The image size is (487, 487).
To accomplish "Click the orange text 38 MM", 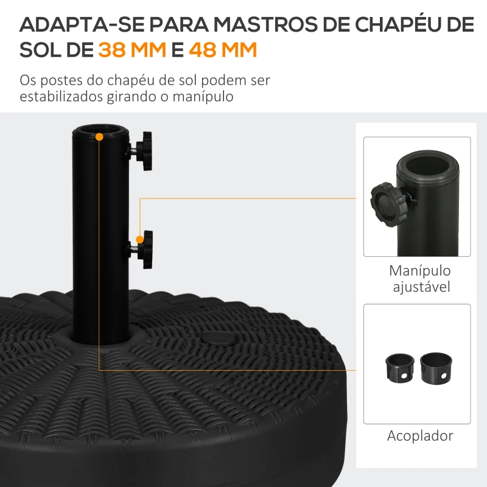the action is point(132,50).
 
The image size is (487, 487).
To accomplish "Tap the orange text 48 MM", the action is point(223,50).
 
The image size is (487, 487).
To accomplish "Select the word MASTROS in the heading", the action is point(266,24).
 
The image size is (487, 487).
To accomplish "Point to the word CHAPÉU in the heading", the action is point(398,24).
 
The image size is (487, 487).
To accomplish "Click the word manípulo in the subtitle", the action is point(203,96).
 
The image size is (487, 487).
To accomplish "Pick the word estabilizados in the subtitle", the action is point(61,96).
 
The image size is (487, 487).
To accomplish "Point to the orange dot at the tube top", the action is point(99,137).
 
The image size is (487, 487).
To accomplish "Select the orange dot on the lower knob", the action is point(140,239).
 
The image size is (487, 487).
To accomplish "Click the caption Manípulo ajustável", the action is point(420,279).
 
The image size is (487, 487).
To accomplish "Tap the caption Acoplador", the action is point(420,436).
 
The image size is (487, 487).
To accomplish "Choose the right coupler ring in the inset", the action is point(436,368).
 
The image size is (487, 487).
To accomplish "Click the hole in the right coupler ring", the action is point(444,376).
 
